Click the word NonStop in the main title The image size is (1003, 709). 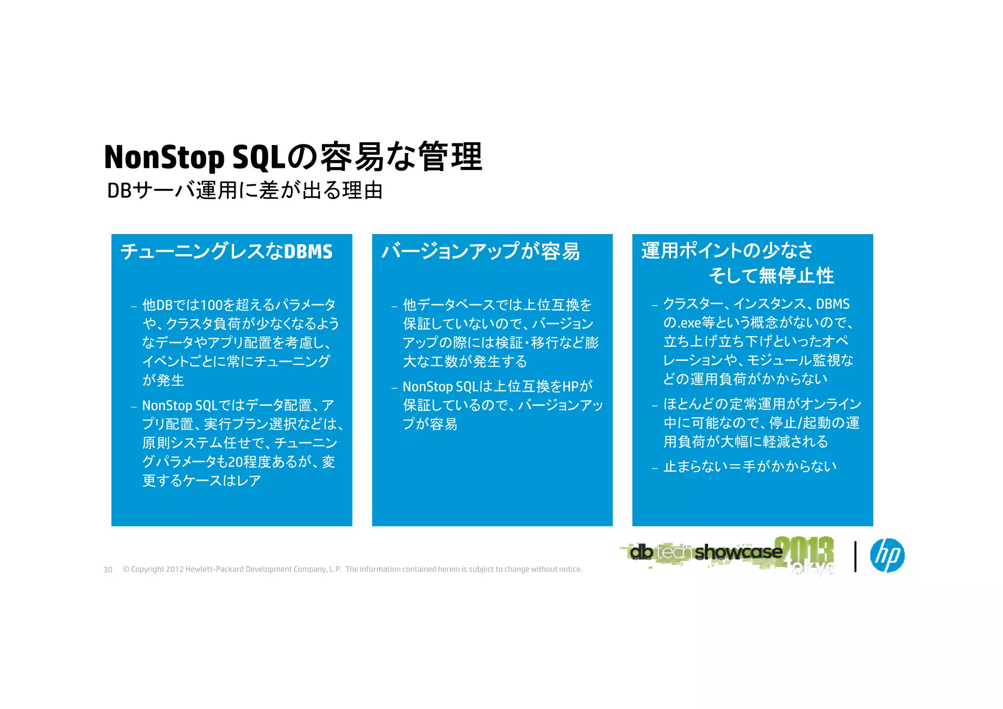pos(164,158)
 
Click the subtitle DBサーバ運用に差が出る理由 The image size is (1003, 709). pos(244,190)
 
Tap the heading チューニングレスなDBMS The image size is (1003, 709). pos(226,251)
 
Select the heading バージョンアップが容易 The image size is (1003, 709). pos(480,251)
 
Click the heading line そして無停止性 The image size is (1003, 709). pos(771,275)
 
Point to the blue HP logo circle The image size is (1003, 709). pos(887,555)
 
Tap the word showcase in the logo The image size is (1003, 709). pos(738,552)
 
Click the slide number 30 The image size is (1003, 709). pos(108,570)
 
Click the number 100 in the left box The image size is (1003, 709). pos(211,305)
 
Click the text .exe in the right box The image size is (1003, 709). pos(689,323)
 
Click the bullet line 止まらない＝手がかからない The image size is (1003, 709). pos(750,466)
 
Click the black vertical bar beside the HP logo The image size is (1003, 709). pos(855,556)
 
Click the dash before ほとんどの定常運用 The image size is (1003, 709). pos(654,405)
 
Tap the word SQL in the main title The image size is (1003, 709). pos(258,158)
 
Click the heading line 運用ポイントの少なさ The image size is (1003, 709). pos(727,250)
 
